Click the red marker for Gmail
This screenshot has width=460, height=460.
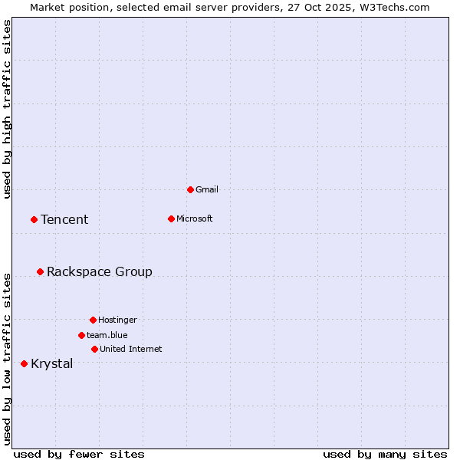point(190,189)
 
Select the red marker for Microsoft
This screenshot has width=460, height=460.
point(171,219)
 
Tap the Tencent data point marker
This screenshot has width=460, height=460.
point(34,219)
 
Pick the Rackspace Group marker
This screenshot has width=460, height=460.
point(40,271)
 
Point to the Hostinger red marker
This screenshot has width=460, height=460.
point(93,320)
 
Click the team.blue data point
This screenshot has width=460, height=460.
point(81,335)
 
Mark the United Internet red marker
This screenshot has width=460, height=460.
point(94,349)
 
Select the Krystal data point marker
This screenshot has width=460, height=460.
point(24,363)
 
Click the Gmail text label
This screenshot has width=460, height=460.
point(207,189)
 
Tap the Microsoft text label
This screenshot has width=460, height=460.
point(194,219)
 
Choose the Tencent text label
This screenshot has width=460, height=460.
point(64,219)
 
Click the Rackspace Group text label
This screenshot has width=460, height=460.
point(100,271)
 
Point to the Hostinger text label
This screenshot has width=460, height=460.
point(117,320)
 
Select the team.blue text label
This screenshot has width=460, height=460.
point(107,335)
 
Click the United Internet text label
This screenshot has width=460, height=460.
point(130,349)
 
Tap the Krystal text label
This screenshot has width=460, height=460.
point(52,363)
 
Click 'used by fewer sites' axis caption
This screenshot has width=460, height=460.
point(79,454)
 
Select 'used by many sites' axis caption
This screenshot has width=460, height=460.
point(385,454)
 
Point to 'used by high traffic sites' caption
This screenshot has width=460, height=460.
point(8,109)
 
